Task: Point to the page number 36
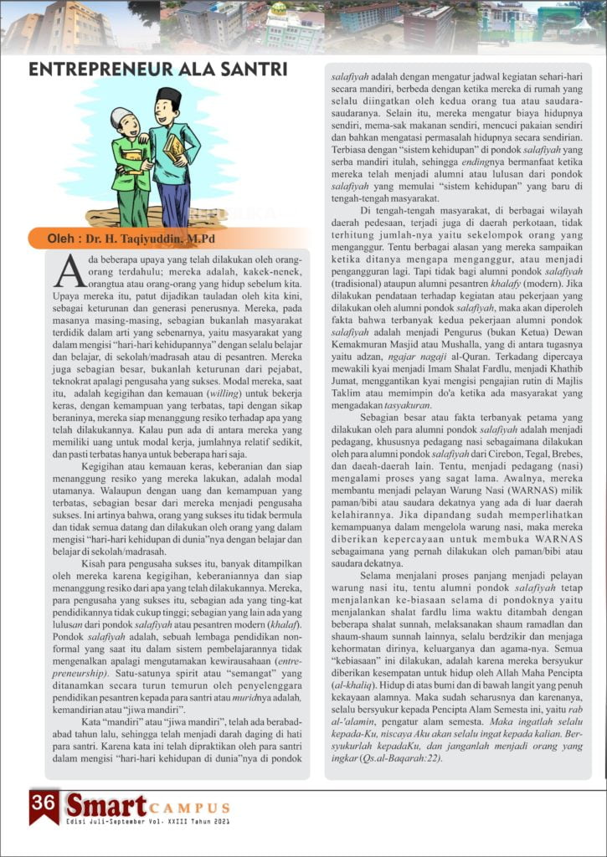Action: click(43, 801)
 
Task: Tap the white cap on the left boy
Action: click(122, 115)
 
